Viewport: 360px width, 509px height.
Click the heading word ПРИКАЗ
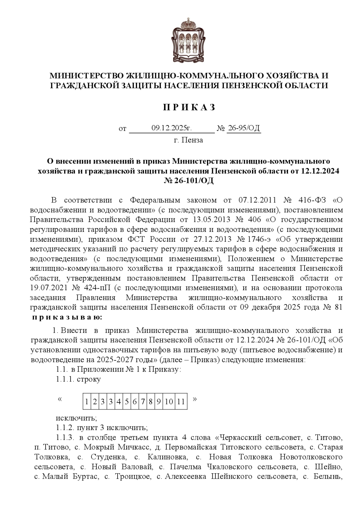click(189, 107)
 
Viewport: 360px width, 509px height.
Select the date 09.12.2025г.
click(171, 128)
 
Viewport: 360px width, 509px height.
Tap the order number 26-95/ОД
click(244, 128)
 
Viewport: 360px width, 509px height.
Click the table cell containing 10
click(169, 402)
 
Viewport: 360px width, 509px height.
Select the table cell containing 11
click(181, 402)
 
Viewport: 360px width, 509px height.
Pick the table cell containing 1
click(87, 402)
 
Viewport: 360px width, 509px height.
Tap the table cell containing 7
click(143, 402)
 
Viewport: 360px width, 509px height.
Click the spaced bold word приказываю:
click(67, 318)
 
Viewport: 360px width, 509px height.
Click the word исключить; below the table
click(76, 418)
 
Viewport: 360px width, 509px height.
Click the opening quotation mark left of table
click(60, 399)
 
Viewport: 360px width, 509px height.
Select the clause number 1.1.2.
click(64, 427)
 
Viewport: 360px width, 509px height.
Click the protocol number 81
click(338, 307)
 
